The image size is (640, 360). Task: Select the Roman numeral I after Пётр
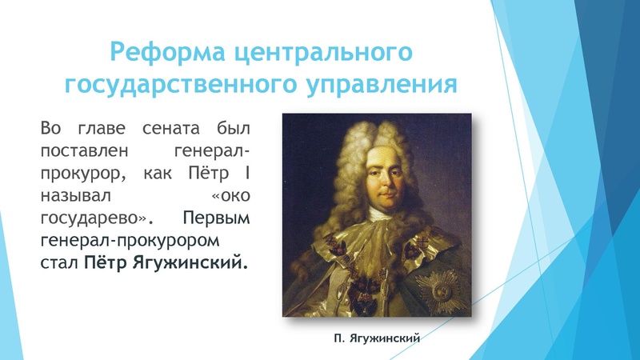(246, 173)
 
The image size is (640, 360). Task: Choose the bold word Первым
(216, 218)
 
